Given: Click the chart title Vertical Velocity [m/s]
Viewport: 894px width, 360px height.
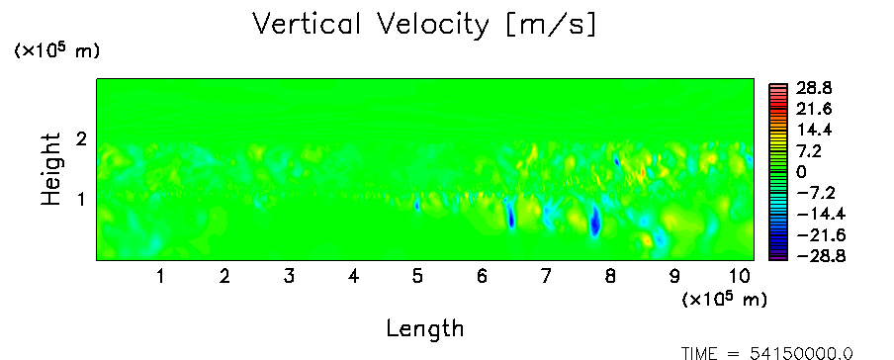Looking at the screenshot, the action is pyautogui.click(x=424, y=25).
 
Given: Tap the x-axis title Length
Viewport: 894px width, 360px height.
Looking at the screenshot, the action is pyautogui.click(x=425, y=329).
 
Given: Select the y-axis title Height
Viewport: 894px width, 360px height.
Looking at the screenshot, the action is pyautogui.click(x=50, y=169).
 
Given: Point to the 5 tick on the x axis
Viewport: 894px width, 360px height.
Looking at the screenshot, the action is pyautogui.click(x=417, y=277).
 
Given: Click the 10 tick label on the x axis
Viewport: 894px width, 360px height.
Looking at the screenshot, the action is pyautogui.click(x=740, y=277).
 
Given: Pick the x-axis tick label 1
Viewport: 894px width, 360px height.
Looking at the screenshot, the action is pyautogui.click(x=161, y=277).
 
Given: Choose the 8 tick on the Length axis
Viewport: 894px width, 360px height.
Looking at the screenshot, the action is pyautogui.click(x=610, y=277).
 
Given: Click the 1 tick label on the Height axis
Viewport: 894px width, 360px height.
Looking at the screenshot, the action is pyautogui.click(x=81, y=200).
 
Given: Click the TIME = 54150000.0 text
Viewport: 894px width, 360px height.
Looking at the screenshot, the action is pyautogui.click(x=767, y=353).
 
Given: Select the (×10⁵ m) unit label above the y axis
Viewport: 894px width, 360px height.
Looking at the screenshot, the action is pyautogui.click(x=56, y=50).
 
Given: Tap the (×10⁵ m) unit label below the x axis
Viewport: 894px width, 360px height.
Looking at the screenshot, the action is pyautogui.click(x=724, y=299).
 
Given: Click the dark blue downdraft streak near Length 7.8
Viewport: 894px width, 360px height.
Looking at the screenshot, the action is pyautogui.click(x=594, y=221).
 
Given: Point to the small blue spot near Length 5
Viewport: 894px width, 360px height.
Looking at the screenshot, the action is pyautogui.click(x=416, y=205).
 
